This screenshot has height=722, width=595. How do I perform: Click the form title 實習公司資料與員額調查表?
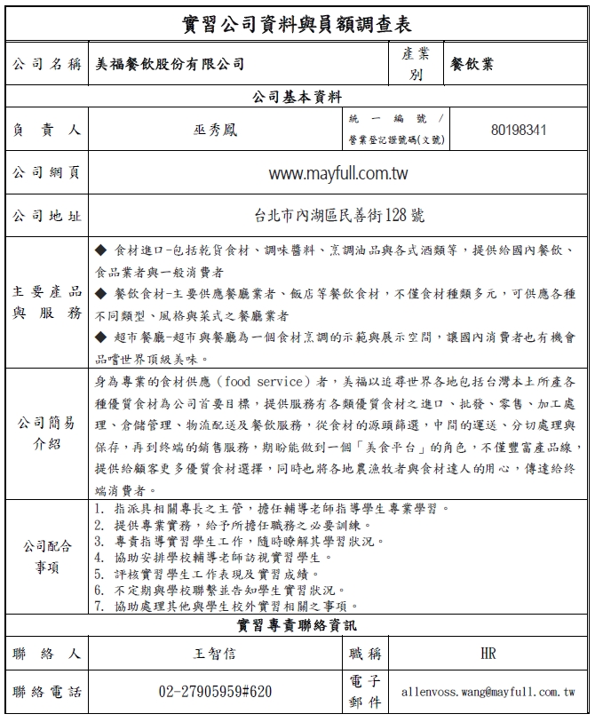(x=297, y=22)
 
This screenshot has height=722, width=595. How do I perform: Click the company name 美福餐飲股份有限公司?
(x=171, y=65)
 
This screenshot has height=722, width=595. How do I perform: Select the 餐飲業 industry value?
(x=472, y=65)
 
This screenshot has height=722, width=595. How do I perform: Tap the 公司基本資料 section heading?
(x=297, y=97)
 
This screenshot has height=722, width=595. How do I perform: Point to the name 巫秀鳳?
(x=215, y=130)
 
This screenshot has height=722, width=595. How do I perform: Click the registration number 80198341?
(x=519, y=130)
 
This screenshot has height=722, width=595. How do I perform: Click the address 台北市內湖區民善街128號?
(x=337, y=215)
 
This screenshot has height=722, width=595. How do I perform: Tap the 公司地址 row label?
(x=47, y=215)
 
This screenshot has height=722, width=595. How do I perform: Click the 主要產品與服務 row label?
(x=47, y=302)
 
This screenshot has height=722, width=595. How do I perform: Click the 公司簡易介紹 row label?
(x=47, y=432)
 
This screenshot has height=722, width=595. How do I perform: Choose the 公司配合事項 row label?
(x=47, y=557)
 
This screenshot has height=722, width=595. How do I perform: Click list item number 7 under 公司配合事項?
(x=234, y=606)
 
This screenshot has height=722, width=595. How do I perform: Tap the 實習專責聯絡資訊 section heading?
(x=297, y=625)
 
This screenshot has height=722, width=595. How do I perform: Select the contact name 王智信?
(x=215, y=655)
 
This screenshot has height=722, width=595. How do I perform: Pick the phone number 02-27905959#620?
(x=215, y=691)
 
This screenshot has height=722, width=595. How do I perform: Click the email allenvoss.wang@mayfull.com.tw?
(x=488, y=691)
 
